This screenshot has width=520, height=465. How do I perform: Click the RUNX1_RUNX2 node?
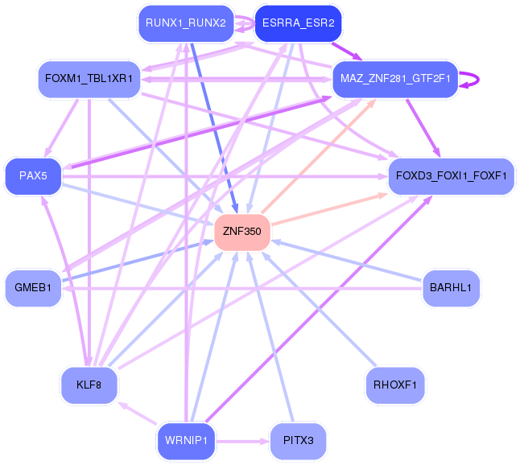[x=186, y=23]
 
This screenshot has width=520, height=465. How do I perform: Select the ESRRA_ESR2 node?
[x=298, y=23]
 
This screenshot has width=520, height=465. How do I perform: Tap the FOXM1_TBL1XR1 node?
[x=89, y=79]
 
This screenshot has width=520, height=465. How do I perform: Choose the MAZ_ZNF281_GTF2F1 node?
[x=395, y=79]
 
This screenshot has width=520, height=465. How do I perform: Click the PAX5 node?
[x=33, y=176]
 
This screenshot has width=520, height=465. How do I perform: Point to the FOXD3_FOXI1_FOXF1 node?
[x=451, y=176]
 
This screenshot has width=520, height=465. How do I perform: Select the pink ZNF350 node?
[x=242, y=232]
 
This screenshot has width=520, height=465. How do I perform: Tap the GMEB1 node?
[x=33, y=288]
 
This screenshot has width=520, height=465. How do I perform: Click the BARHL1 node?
[x=451, y=288]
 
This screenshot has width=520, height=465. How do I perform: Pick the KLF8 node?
[x=89, y=385]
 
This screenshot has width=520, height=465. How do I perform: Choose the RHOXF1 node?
[x=395, y=385]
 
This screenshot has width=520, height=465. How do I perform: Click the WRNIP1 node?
[x=186, y=441]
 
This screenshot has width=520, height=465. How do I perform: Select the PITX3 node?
[x=298, y=441]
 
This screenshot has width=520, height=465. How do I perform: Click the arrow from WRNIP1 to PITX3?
[x=243, y=442]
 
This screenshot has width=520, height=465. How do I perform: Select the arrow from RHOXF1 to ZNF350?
[x=319, y=309]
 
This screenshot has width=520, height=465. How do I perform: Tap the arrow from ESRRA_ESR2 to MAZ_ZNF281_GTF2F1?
[x=347, y=51]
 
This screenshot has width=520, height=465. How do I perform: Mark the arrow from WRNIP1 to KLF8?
[x=138, y=413]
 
